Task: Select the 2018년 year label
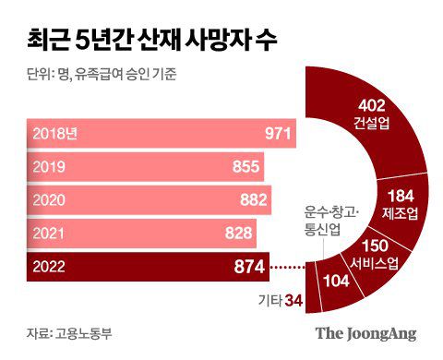(55, 135)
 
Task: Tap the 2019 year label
(50, 168)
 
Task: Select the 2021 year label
(50, 234)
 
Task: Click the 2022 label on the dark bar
(50, 268)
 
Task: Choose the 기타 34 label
(280, 299)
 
